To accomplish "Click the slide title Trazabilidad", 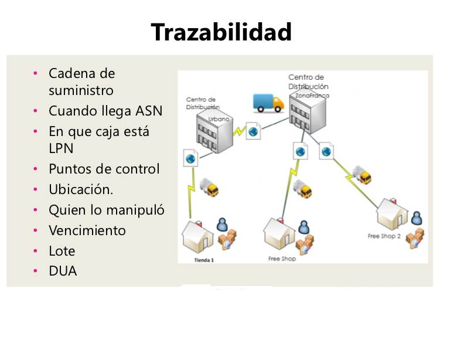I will (x=221, y=32).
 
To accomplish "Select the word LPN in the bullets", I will (x=61, y=148).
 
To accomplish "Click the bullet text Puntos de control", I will (x=104, y=169).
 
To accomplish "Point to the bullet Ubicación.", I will (x=81, y=189).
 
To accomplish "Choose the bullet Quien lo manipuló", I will (x=106, y=210).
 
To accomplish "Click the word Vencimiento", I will (x=87, y=230).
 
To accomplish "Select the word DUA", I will (x=63, y=271).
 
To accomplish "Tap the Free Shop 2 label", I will (x=384, y=236).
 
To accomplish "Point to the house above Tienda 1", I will (x=199, y=235).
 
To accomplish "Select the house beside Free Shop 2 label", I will (x=392, y=213).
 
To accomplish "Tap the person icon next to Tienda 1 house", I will (x=222, y=225).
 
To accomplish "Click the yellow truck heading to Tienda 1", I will (x=209, y=187).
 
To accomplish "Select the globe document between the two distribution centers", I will (x=253, y=131).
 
